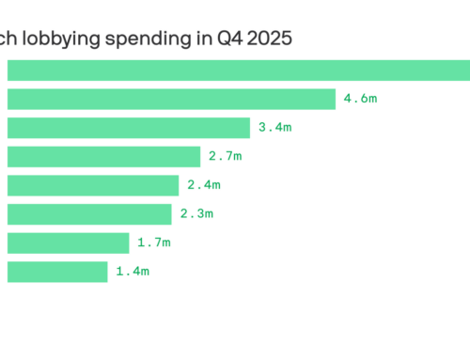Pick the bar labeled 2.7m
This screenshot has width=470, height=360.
pos(104,157)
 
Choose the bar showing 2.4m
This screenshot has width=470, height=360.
pos(93,185)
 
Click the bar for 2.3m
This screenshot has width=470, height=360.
pos(89,214)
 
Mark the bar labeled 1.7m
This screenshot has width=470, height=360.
pos(68,243)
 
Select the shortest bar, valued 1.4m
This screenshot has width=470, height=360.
pos(57,272)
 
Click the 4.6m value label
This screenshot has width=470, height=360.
pos(360,99)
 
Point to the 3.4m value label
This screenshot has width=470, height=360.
pos(274,128)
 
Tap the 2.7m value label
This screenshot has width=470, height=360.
pos(226,157)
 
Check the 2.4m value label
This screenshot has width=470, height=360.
pos(203,185)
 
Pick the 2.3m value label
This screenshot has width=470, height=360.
pos(196,214)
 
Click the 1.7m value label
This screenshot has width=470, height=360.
pos(153,243)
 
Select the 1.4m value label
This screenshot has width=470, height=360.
pos(132,272)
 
